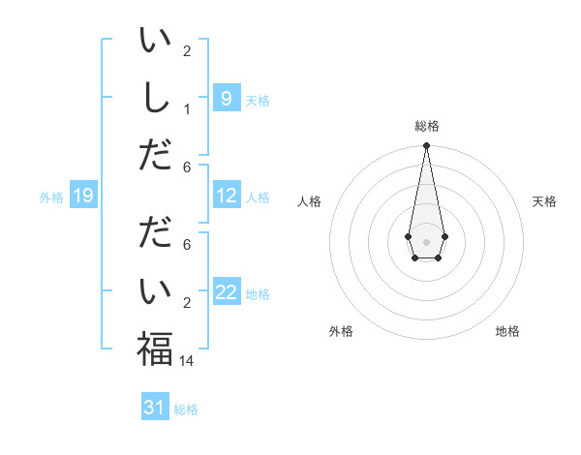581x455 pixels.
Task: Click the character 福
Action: tap(155, 349)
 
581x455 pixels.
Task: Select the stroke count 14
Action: tap(188, 360)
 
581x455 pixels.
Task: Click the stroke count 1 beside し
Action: tap(187, 107)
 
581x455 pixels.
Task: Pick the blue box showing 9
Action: tap(226, 98)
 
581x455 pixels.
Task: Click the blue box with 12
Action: tap(226, 196)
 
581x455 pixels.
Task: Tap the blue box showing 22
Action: tap(226, 293)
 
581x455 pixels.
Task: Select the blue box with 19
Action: tap(83, 197)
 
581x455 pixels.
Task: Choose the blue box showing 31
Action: tap(155, 408)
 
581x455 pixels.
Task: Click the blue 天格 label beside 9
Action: tap(258, 100)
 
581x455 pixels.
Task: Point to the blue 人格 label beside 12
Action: tap(258, 197)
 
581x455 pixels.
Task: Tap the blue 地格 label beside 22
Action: tap(258, 294)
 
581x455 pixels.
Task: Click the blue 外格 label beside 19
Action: tap(51, 197)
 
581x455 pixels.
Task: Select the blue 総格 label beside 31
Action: tap(186, 409)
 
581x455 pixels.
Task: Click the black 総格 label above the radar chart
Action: tap(426, 126)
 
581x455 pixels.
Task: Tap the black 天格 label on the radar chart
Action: tap(545, 201)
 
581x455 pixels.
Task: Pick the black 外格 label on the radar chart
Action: tap(341, 331)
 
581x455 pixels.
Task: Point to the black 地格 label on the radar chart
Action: tap(507, 331)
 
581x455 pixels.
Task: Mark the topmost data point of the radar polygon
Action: tap(426, 146)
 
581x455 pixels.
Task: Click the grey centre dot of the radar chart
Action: tap(426, 242)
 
